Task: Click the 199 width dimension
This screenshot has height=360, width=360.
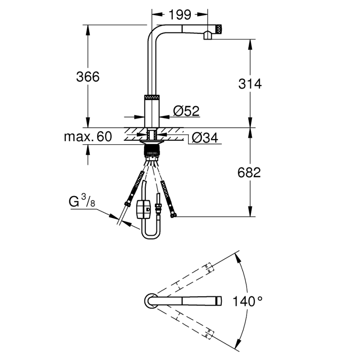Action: [180, 15]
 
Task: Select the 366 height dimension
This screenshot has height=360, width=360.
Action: [88, 76]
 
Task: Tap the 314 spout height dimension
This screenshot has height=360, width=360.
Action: [250, 84]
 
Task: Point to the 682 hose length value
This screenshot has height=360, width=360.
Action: [249, 172]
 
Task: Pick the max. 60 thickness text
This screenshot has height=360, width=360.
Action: [88, 136]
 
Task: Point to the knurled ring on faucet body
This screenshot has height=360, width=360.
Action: [152, 97]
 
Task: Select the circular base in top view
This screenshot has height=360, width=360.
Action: [150, 300]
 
